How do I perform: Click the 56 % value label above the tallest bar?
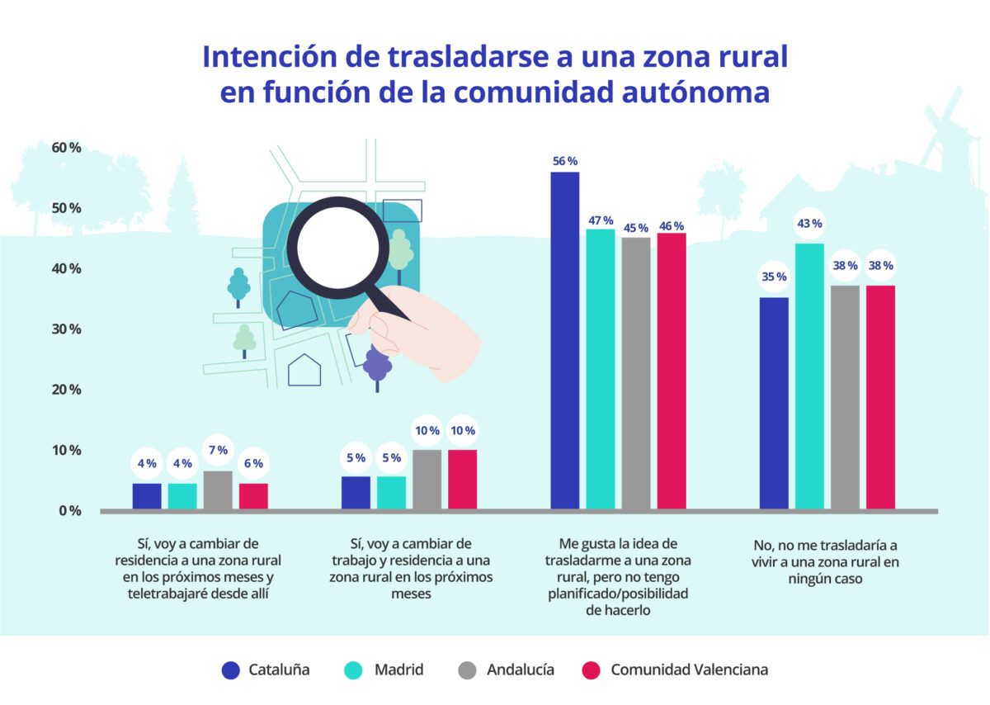(565, 161)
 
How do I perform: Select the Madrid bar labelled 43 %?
(808, 376)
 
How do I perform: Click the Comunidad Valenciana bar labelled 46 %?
(672, 371)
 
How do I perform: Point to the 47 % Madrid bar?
(601, 369)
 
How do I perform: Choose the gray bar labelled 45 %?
(636, 373)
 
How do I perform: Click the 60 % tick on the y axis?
(65, 148)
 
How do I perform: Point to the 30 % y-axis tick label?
(65, 329)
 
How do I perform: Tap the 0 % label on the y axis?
(69, 511)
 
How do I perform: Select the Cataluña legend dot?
(231, 670)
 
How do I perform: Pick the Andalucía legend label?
(521, 670)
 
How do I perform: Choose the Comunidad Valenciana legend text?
(689, 670)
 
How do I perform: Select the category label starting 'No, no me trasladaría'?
(825, 562)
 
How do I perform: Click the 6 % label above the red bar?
(253, 464)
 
